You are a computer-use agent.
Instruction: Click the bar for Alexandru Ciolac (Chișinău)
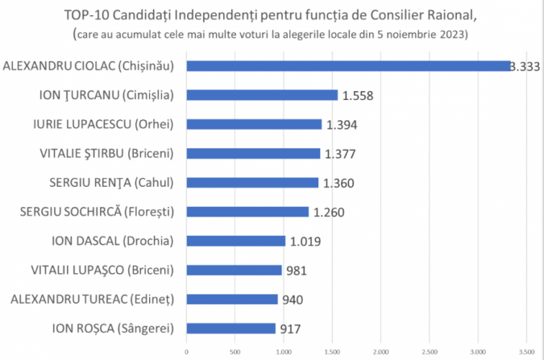pyautogui.click(x=348, y=66)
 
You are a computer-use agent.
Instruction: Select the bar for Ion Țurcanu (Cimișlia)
pyautogui.click(x=262, y=95)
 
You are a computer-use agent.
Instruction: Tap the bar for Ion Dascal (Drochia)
pyautogui.click(x=235, y=241)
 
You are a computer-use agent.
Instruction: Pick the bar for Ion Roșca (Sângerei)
pyautogui.click(x=230, y=328)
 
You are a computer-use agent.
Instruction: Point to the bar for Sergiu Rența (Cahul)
pyautogui.click(x=252, y=182)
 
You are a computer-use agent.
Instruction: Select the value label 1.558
pyautogui.click(x=361, y=96)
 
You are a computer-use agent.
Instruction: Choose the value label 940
pyautogui.click(x=293, y=300)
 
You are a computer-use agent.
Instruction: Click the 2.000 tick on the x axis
pyautogui.click(x=381, y=350)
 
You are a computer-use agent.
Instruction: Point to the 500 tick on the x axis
pyautogui.click(x=235, y=350)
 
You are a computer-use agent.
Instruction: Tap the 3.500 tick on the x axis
pyautogui.click(x=526, y=350)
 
